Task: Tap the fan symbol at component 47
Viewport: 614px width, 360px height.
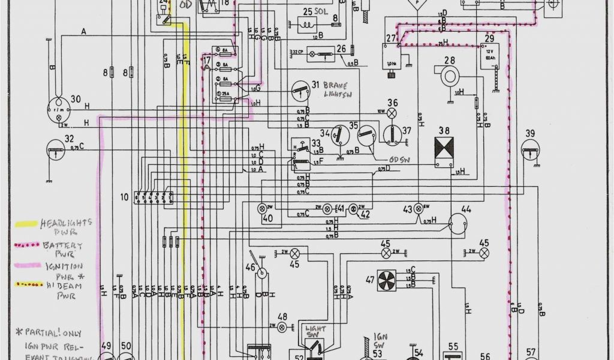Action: pyautogui.click(x=387, y=280)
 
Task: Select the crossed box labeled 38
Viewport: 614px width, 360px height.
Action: pyautogui.click(x=444, y=148)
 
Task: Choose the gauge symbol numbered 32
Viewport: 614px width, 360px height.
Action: pyautogui.click(x=56, y=150)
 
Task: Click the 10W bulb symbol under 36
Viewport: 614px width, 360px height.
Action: pyautogui.click(x=392, y=113)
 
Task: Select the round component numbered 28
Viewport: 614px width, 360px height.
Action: pyautogui.click(x=450, y=75)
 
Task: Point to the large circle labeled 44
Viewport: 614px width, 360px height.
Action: pyautogui.click(x=460, y=224)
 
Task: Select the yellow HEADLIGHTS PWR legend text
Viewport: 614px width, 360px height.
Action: pyautogui.click(x=66, y=227)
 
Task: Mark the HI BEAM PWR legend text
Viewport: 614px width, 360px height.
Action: pyautogui.click(x=66, y=291)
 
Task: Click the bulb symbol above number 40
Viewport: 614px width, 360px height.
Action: pyautogui.click(x=262, y=208)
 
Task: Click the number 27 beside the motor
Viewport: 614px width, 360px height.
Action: pyautogui.click(x=392, y=39)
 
